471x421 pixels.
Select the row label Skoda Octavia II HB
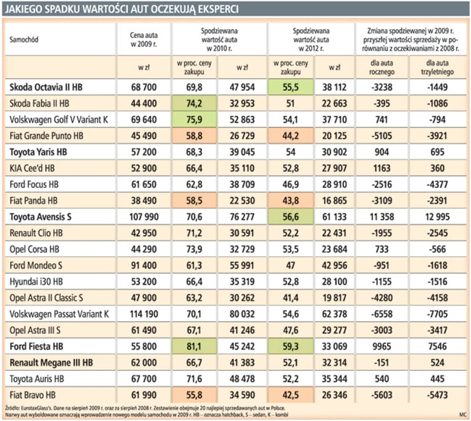click(46, 87)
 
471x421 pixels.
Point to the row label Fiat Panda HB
click(34, 199)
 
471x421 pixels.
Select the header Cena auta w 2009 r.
click(143, 39)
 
